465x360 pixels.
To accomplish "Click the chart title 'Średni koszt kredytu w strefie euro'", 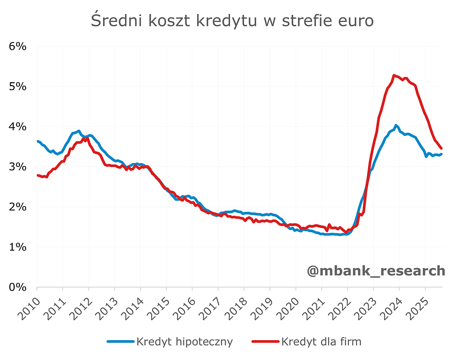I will [232, 21].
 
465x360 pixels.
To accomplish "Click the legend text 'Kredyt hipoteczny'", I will [185, 342].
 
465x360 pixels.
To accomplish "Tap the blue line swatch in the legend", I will [120, 342].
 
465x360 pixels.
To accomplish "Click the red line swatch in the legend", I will [265, 342].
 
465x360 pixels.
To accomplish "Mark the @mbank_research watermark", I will [375, 270].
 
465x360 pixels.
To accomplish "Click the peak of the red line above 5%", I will [394, 75].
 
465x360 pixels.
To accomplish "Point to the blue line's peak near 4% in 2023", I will [396, 125].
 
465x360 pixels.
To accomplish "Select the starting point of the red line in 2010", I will [38, 175].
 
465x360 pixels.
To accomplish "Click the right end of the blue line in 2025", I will [441, 154].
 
